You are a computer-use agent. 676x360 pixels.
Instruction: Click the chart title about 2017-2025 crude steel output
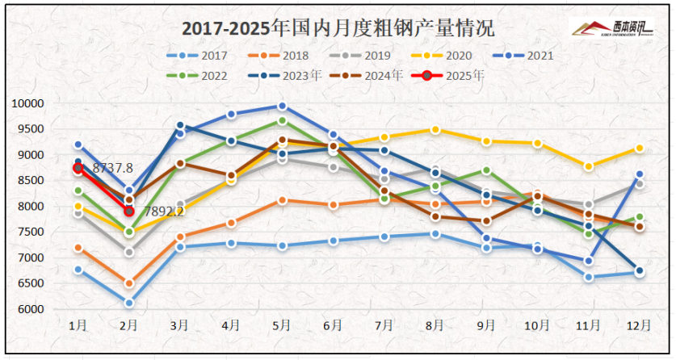point(338,28)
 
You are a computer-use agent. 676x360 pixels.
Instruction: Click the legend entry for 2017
point(199,56)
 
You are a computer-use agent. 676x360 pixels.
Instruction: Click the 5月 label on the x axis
point(282,325)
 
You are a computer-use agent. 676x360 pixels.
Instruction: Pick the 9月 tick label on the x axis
point(485,325)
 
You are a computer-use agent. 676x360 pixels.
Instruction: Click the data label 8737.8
point(113,168)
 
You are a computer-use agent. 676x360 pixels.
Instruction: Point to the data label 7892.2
point(164,211)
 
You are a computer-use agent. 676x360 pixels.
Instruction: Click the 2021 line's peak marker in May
point(282,106)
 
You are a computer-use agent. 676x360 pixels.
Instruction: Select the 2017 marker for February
point(129,303)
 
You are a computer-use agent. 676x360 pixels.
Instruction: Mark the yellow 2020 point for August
point(435,130)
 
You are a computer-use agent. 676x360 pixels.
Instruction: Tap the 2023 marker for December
point(639,271)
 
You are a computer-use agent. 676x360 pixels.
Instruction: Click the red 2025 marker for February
point(129,211)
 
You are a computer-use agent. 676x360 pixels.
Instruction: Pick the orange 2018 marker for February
point(129,283)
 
